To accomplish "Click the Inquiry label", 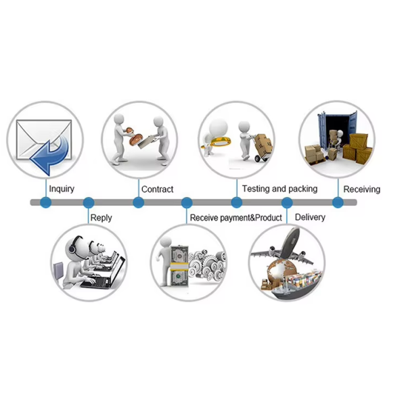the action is point(62,189).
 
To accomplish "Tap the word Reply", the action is point(101,218).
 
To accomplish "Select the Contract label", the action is point(158,189).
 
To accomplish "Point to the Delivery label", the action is point(310,217).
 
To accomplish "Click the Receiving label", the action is point(362,189).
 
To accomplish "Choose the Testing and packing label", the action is point(279,189).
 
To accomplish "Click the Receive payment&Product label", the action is point(236,218).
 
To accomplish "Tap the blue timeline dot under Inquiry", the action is point(46,202).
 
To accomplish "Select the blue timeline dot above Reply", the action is point(89,202).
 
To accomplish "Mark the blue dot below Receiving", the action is point(338,202).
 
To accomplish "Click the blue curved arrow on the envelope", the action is point(51,156).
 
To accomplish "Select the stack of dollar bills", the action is point(179,266).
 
